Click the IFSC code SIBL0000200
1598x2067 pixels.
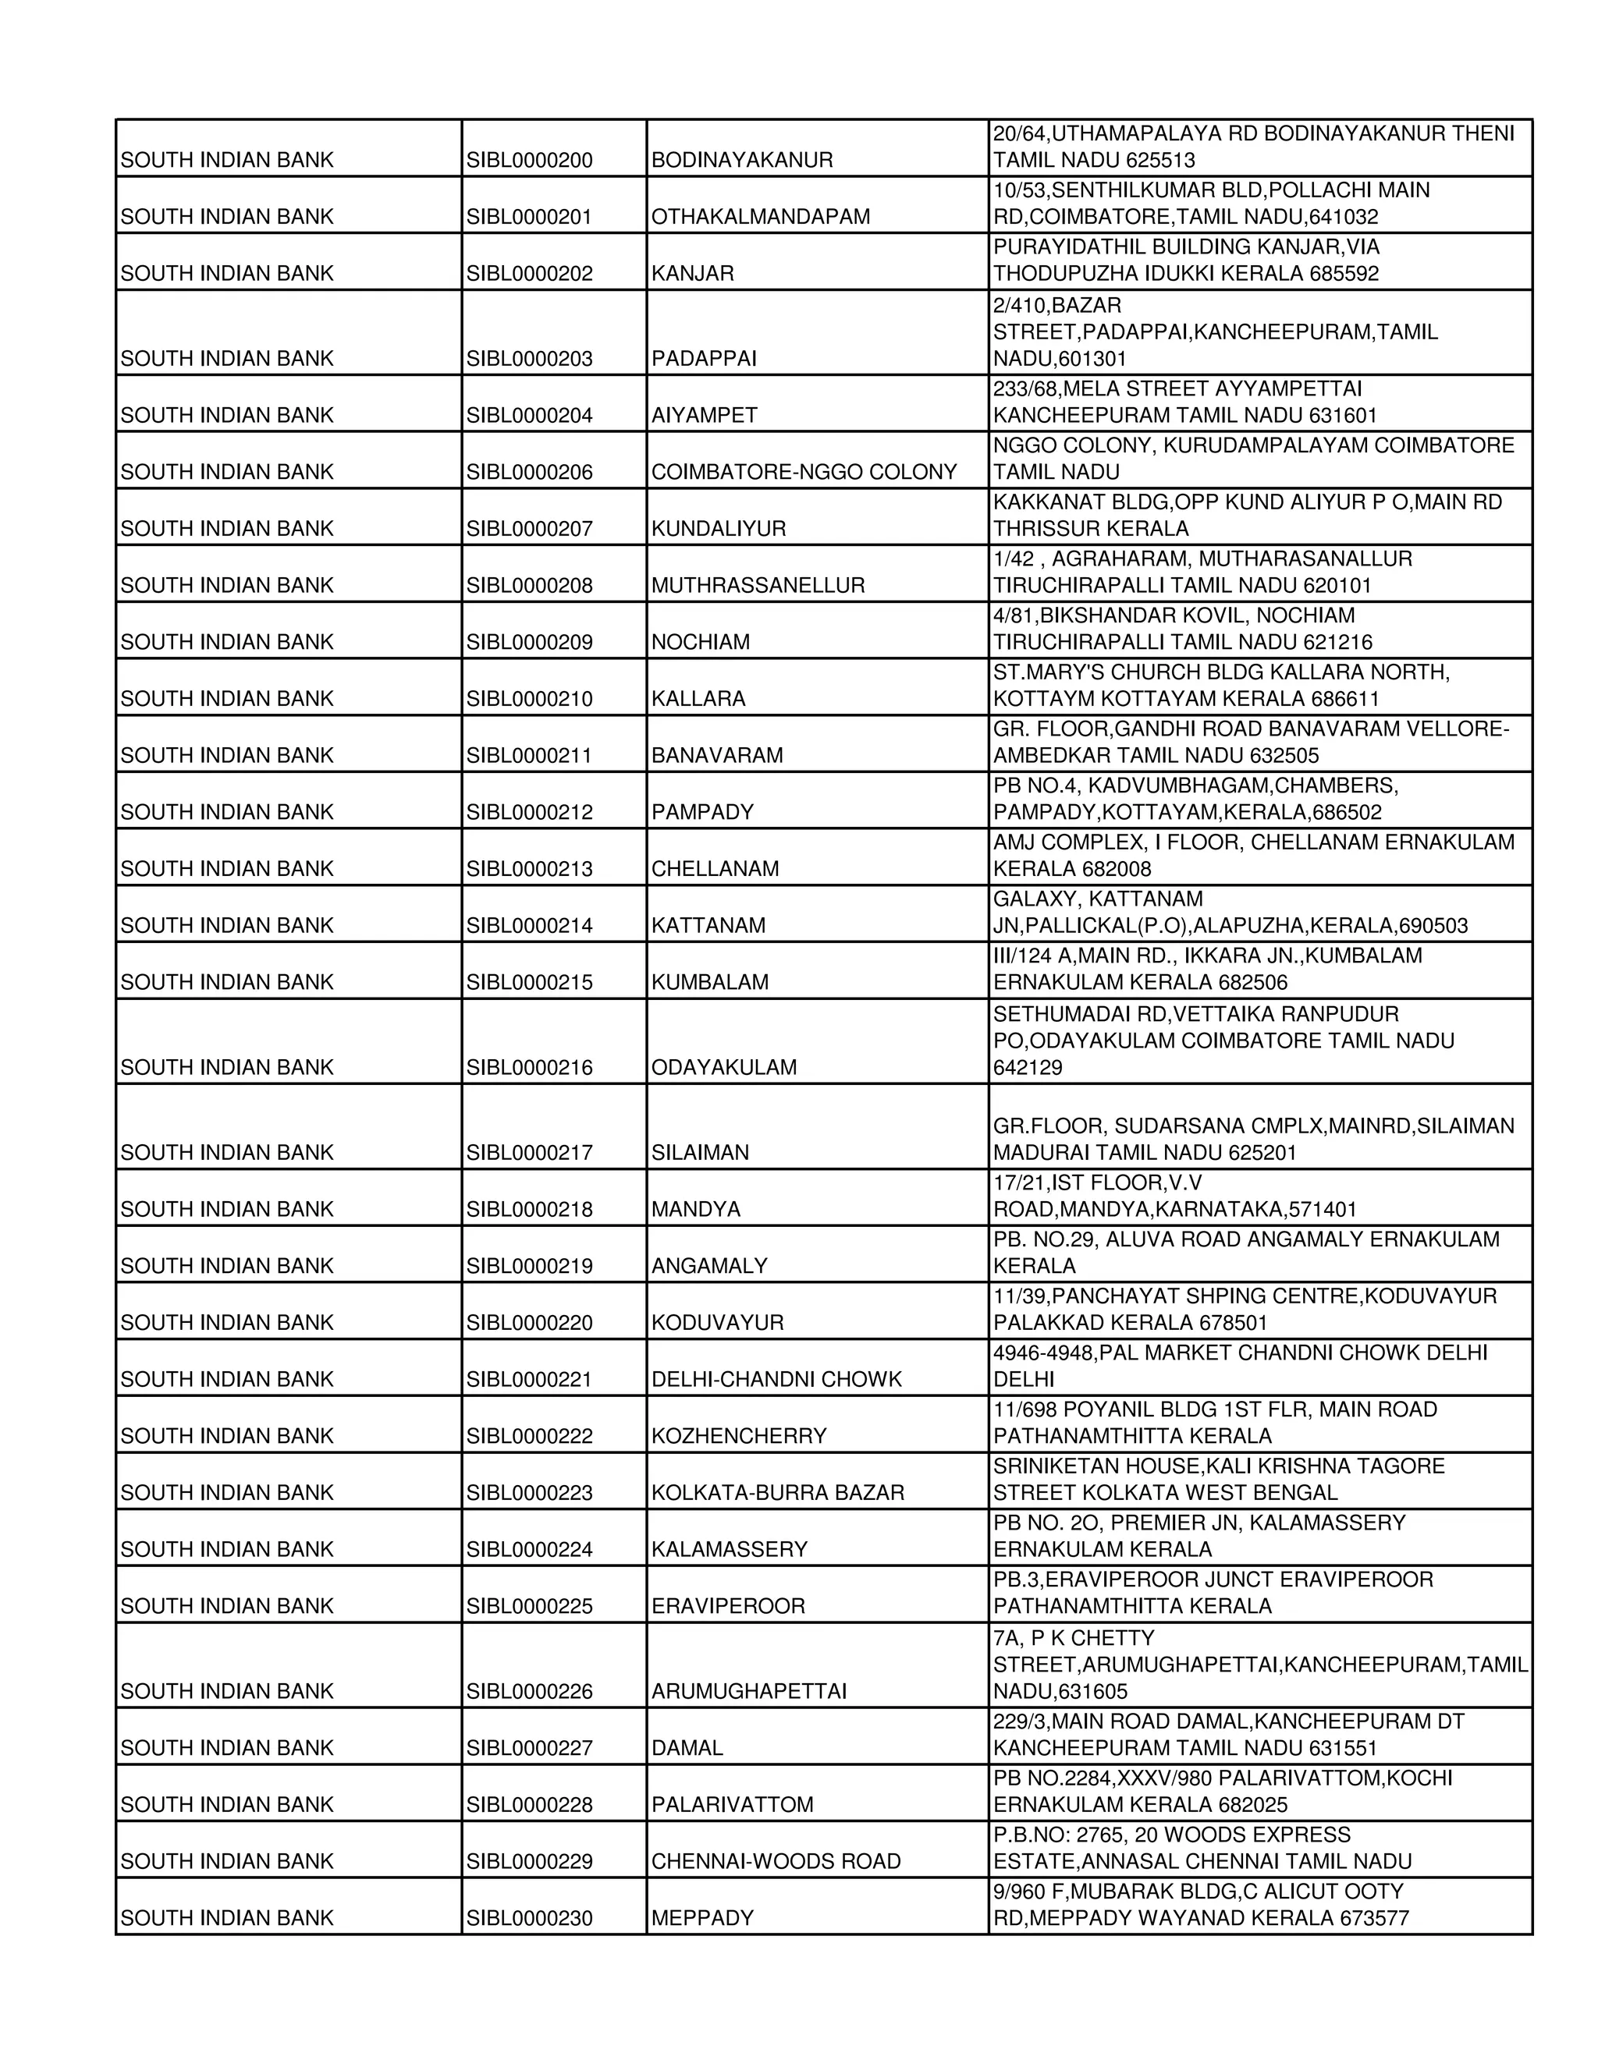(x=529, y=161)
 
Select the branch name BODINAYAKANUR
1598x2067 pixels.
(x=741, y=161)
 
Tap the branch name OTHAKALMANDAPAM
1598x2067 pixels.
(x=760, y=218)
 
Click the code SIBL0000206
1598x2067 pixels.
(x=529, y=472)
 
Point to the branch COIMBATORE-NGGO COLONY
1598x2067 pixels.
(x=804, y=472)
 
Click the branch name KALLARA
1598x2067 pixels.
(x=698, y=700)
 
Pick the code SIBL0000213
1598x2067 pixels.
(x=529, y=869)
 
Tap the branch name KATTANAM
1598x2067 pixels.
(x=708, y=926)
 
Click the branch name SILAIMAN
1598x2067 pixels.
(x=700, y=1153)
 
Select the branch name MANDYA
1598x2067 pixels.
(x=696, y=1210)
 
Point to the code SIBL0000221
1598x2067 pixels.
(x=529, y=1380)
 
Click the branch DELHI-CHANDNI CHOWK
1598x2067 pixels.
(x=776, y=1380)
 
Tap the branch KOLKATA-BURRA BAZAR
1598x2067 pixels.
(x=777, y=1492)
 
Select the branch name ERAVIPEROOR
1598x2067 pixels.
(x=728, y=1606)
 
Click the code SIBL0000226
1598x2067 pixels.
(x=529, y=1691)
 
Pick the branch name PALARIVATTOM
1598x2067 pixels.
(x=732, y=1805)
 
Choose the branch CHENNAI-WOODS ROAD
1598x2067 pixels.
(x=776, y=1862)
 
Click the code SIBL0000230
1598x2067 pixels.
(x=529, y=1919)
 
